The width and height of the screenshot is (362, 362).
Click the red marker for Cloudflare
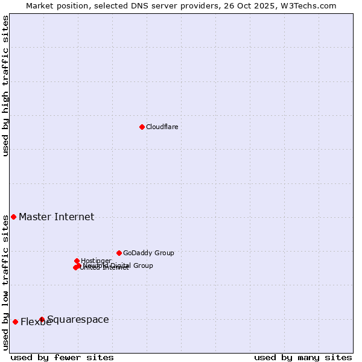tap(142, 127)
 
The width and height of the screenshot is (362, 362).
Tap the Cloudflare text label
tap(162, 127)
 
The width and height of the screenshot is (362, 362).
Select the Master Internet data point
tap(13, 217)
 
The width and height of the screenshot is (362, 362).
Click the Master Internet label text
tap(56, 217)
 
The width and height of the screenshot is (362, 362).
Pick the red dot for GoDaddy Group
tap(119, 253)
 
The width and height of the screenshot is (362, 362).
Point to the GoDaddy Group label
tap(148, 253)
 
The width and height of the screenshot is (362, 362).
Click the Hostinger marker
tap(77, 261)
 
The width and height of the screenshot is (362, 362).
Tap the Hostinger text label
tap(96, 261)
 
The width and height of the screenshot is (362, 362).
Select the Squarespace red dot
tap(42, 319)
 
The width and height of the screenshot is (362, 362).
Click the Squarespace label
tap(78, 319)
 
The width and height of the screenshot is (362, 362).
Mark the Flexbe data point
tap(15, 322)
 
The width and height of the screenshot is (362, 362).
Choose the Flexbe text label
tap(36, 322)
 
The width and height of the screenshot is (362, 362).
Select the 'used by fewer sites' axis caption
tap(62, 357)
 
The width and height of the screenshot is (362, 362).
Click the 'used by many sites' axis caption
tap(303, 357)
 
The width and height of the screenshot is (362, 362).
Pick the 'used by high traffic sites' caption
tap(5, 86)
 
